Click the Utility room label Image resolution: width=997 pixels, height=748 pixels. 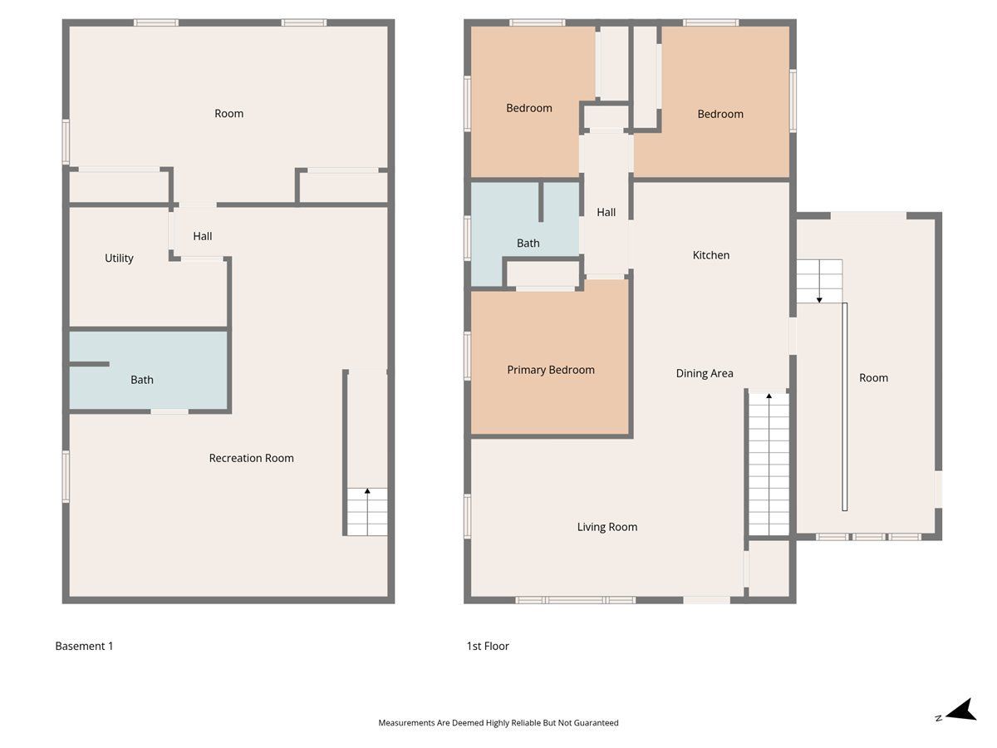[x=119, y=258]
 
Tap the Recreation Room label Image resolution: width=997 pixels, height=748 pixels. [x=251, y=458]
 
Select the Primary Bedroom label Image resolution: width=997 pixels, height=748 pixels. [x=551, y=370]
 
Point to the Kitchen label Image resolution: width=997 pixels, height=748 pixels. [x=711, y=255]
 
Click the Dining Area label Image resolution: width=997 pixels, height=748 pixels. [x=705, y=373]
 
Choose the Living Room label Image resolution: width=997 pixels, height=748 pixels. [x=607, y=527]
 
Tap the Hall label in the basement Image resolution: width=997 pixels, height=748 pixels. [x=203, y=236]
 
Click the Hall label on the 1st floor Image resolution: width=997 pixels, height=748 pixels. [x=606, y=212]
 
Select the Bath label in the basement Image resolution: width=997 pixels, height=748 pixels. [x=142, y=380]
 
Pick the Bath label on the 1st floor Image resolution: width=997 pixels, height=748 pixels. [x=528, y=243]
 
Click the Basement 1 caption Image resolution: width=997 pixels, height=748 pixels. [x=84, y=646]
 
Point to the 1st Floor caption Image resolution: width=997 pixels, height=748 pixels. [x=488, y=646]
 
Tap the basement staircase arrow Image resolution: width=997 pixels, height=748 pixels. [x=367, y=512]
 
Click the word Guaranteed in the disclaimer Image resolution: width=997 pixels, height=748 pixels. [x=596, y=722]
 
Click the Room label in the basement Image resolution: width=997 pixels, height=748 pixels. [x=229, y=114]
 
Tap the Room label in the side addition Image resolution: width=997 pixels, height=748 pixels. [x=873, y=378]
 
